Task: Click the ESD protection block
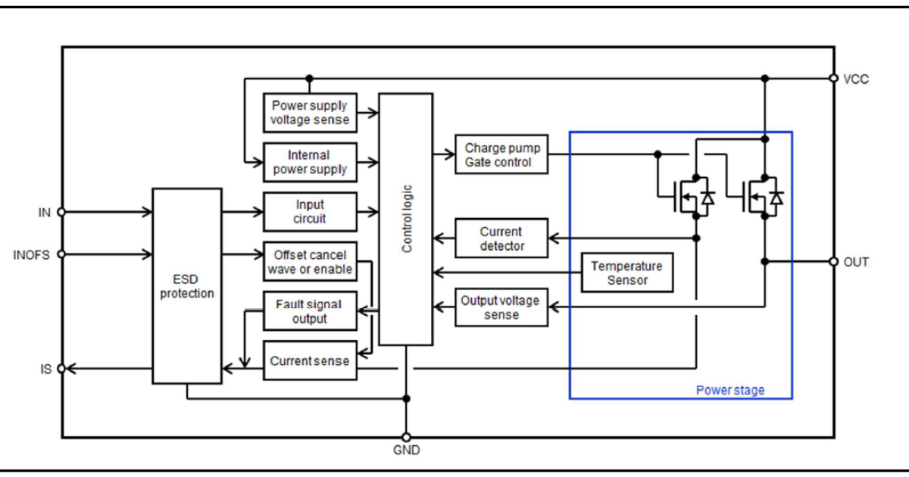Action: pos(187,285)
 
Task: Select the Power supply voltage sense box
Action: pos(310,112)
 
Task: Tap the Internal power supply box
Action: pos(310,162)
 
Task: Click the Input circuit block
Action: pos(310,211)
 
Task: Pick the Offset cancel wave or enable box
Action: pos(310,262)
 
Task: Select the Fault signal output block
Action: pos(310,311)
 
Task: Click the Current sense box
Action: pos(310,360)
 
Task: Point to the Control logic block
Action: pos(406,219)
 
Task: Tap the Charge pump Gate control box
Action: pos(501,154)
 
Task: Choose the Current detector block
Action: pos(501,238)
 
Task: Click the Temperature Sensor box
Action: pos(626,273)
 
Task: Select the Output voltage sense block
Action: pos(501,307)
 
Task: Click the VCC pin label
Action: pos(856,79)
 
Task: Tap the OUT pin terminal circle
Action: pos(834,262)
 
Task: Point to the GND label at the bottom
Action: pos(406,450)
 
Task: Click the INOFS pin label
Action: pos(32,255)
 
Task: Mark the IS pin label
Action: pos(46,369)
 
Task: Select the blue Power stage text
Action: pos(730,391)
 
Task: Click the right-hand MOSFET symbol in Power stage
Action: pos(760,197)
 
